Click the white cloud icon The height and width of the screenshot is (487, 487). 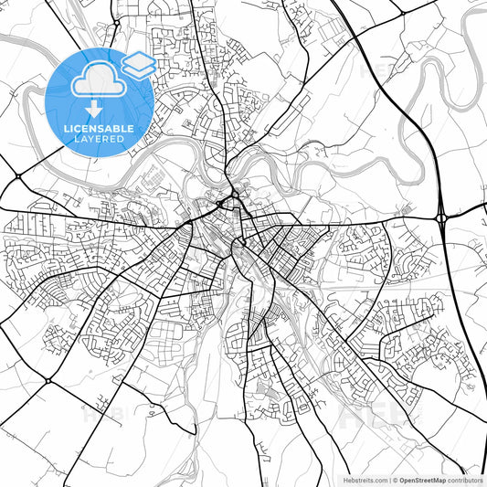pos(98,81)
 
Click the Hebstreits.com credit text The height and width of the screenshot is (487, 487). pos(365,479)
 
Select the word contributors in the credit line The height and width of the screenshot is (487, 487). pos(465,479)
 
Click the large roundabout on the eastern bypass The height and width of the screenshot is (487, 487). pos(441,217)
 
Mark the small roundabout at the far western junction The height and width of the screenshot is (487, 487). pos(17,175)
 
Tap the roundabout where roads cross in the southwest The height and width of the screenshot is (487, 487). pos(46,380)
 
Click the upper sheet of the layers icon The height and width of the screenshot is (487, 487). pos(138,59)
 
